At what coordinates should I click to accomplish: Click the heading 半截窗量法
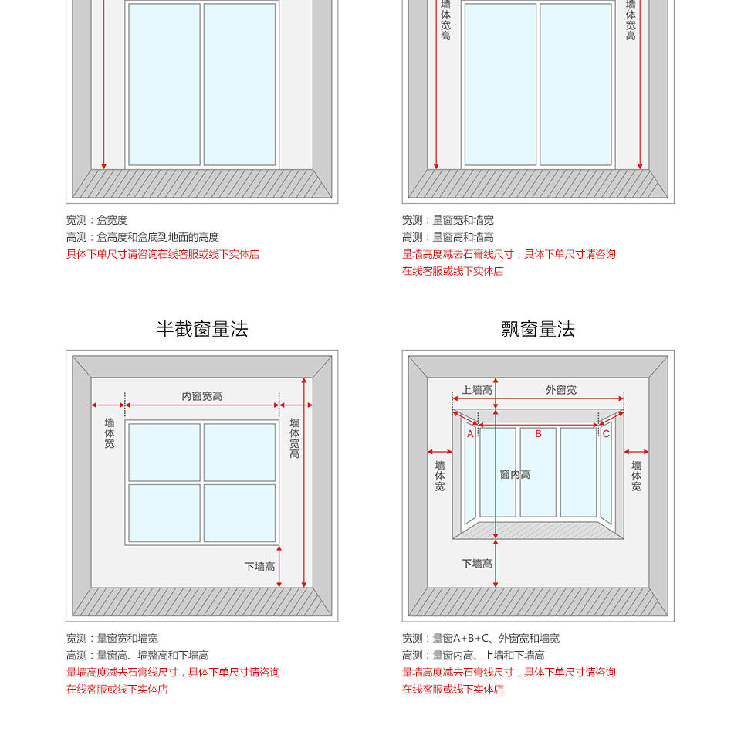pos(202,330)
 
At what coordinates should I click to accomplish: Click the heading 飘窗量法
pos(538,330)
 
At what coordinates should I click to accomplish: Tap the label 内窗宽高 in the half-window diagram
pos(202,396)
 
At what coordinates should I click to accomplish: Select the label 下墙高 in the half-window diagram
pos(259,567)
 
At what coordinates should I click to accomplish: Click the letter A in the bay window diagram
pos(470,434)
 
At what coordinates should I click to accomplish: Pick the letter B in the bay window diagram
pos(538,434)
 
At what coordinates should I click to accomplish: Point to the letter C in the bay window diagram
pos(606,434)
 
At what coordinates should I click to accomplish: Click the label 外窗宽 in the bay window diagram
pos(561,390)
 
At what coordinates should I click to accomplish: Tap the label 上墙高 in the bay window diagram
pos(477,390)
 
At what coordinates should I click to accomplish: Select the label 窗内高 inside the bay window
pos(515,474)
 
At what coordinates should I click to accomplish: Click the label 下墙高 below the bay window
pos(477,564)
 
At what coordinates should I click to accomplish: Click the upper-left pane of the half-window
pos(164,452)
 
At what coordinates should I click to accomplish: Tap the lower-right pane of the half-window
pos(239,513)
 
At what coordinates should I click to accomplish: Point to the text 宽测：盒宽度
pos(96,220)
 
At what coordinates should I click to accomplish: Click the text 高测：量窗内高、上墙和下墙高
pos(472,656)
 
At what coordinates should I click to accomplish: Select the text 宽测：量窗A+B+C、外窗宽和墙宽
pos(480,639)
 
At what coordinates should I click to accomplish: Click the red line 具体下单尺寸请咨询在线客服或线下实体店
pos(163,254)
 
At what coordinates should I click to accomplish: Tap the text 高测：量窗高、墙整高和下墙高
pos(137,656)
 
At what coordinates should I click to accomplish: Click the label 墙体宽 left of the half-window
pos(110,433)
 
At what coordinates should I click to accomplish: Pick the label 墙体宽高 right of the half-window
pos(294,438)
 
